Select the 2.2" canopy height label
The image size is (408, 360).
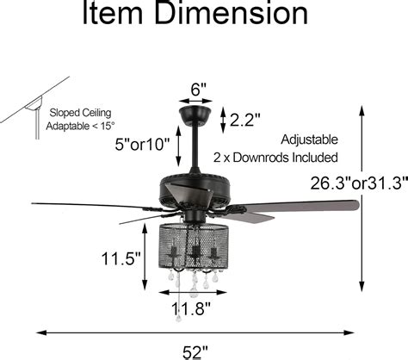coord(247,120)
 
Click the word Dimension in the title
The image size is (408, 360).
coord(224,16)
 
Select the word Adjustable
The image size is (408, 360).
coord(309,139)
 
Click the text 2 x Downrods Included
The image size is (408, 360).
coord(275,158)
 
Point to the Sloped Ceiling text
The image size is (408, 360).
coord(80,112)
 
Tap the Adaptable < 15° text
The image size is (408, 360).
coord(80,127)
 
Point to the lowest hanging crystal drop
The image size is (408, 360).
coord(178,318)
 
